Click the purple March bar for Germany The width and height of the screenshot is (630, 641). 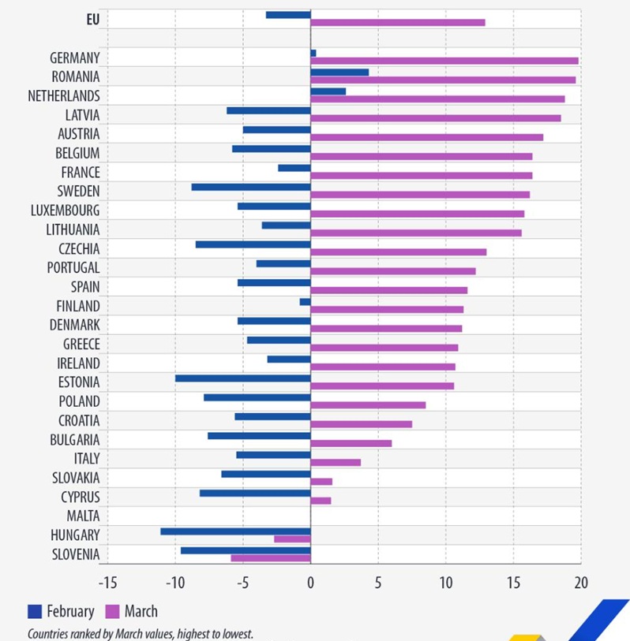pyautogui.click(x=444, y=61)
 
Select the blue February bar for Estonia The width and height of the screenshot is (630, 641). pyautogui.click(x=243, y=378)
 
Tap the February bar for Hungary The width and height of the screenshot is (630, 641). pyautogui.click(x=235, y=531)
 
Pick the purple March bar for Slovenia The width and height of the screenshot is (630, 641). pyautogui.click(x=271, y=558)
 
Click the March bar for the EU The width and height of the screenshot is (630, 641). pyautogui.click(x=398, y=23)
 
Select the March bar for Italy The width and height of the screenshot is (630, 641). pyautogui.click(x=336, y=462)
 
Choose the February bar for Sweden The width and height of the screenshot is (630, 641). pyautogui.click(x=251, y=187)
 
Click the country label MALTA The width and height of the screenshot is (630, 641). pyautogui.click(x=83, y=516)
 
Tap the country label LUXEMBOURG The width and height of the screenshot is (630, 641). pyautogui.click(x=66, y=211)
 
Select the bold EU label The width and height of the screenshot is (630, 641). pyautogui.click(x=92, y=20)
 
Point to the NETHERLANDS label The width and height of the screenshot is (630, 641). pyautogui.click(x=64, y=96)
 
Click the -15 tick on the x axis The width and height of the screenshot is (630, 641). pyautogui.click(x=107, y=583)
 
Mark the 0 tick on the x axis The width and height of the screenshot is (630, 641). pyautogui.click(x=310, y=583)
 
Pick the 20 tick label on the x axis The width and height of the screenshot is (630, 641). pyautogui.click(x=580, y=583)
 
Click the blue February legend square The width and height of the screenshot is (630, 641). pyautogui.click(x=35, y=611)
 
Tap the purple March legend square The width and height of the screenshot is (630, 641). pyautogui.click(x=112, y=611)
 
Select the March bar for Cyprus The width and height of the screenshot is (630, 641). pyautogui.click(x=321, y=501)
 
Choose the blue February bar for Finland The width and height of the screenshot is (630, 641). pyautogui.click(x=305, y=302)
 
